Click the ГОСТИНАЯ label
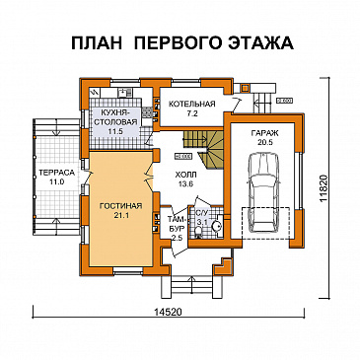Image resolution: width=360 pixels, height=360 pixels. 121,206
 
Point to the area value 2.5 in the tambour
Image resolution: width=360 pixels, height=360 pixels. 177,237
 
